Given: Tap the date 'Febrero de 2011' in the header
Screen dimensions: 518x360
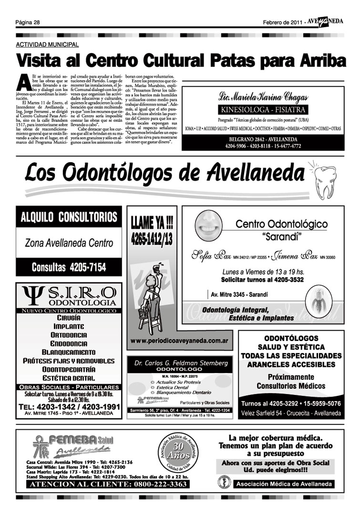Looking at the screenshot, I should (x=282, y=22).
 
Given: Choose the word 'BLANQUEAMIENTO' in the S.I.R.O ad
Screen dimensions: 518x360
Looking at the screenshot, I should (x=68, y=352).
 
